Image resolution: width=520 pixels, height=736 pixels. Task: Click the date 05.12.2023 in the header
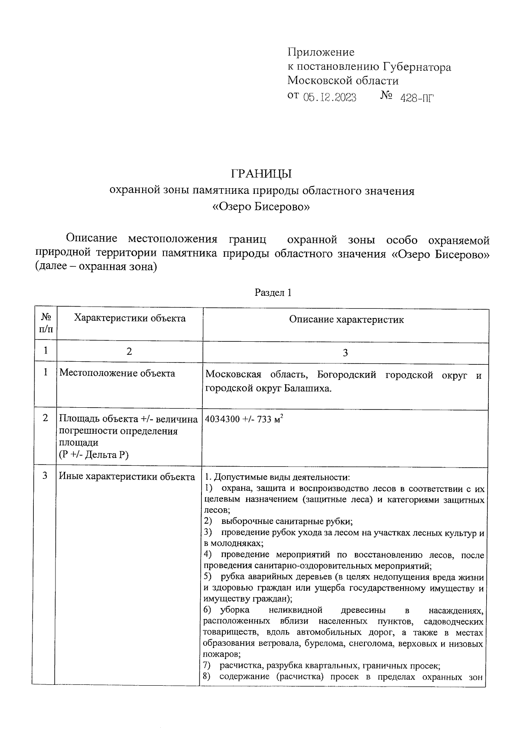click(330, 98)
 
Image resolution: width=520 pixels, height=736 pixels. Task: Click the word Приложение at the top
click(321, 52)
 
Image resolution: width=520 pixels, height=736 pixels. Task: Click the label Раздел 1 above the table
click(273, 293)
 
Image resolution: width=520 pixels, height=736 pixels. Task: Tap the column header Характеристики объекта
click(130, 318)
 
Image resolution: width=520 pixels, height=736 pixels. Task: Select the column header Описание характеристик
click(346, 320)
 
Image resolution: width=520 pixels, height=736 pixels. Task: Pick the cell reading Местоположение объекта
click(117, 373)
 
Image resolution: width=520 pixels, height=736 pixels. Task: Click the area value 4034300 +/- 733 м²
click(244, 419)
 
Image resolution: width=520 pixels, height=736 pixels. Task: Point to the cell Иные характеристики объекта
click(127, 477)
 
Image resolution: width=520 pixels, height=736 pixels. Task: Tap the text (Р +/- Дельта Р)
click(94, 455)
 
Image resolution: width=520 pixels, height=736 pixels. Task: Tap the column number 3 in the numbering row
click(345, 353)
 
